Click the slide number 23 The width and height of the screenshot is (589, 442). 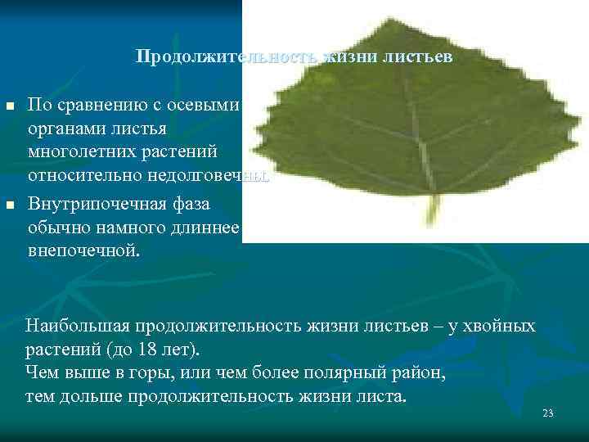(x=548, y=413)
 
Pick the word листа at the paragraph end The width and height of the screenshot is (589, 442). (x=381, y=397)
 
